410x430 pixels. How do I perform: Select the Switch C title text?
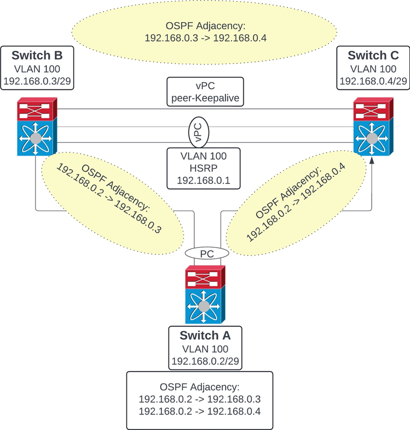pos(374,55)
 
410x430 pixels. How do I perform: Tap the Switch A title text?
pos(205,336)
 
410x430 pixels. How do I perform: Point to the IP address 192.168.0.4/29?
pos(374,81)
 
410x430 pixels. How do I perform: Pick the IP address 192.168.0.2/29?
pos(205,362)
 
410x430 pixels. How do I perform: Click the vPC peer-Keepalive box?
pos(205,91)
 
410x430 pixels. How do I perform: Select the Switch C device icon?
pos(373,126)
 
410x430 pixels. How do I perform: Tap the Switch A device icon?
pos(205,295)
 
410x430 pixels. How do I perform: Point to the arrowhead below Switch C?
pos(373,161)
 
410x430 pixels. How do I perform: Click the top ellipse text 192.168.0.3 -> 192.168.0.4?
pos(205,37)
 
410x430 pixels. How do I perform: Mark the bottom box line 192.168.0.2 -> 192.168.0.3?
pos(200,399)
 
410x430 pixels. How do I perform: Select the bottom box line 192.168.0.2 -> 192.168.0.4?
pos(200,411)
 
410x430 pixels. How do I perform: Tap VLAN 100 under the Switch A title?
pos(205,349)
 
